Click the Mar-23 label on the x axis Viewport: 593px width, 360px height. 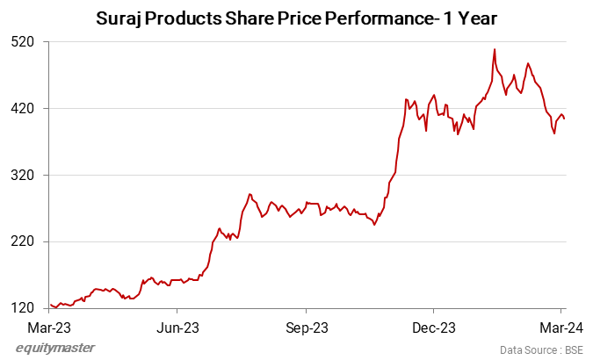49,328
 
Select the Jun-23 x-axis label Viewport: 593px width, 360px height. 177,328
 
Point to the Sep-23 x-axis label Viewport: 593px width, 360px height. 306,328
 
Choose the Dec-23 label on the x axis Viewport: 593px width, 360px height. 434,328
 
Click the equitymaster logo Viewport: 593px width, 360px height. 55,349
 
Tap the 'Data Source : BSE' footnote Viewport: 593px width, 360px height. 540,349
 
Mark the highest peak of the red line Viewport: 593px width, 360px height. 495,50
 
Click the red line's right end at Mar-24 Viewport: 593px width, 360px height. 564,119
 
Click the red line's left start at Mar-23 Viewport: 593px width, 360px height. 50,304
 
